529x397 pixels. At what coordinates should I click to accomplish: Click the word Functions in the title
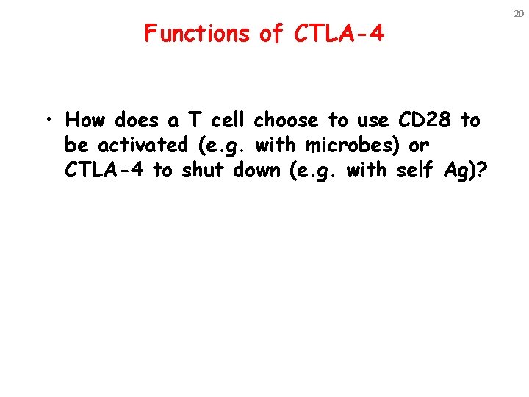tap(197, 33)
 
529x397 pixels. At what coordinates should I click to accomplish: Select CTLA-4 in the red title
tap(338, 33)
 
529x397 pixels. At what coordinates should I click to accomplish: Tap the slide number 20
tap(518, 13)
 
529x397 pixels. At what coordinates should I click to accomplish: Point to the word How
tap(86, 121)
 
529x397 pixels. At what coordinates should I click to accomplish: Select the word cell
tap(227, 121)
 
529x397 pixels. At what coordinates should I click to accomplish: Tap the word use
tap(371, 121)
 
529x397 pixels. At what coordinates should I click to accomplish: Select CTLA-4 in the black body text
tap(105, 171)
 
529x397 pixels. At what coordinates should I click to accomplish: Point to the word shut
tap(204, 171)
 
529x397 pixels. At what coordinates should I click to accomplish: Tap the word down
tap(258, 171)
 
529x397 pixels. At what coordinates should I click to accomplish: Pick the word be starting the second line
tap(76, 146)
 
